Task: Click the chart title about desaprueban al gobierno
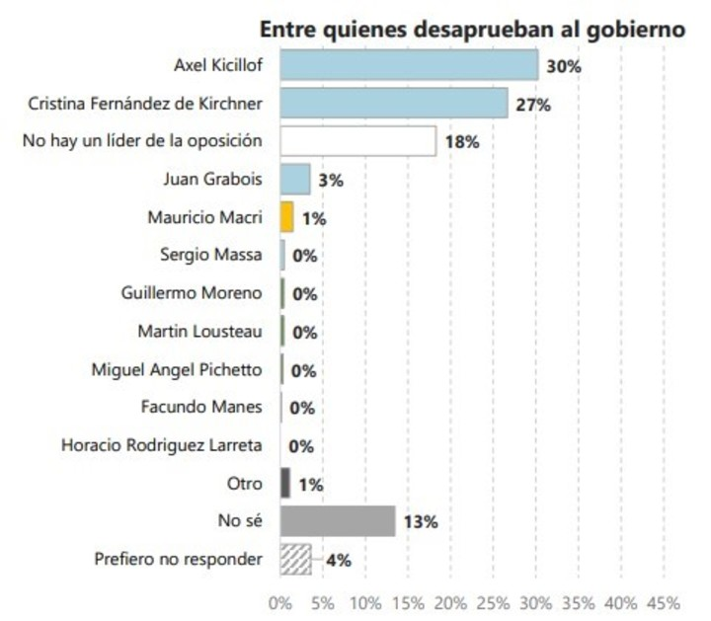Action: (472, 30)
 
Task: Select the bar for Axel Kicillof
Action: (409, 65)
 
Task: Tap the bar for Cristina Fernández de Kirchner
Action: (394, 103)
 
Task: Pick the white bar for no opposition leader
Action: (358, 140)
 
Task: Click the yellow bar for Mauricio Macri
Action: (287, 216)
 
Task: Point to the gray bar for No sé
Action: (338, 521)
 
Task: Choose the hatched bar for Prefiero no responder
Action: (296, 559)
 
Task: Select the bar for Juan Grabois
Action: (295, 179)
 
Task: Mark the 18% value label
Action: (461, 141)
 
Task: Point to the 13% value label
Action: (420, 521)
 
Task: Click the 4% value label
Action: (338, 560)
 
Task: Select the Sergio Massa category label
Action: (211, 255)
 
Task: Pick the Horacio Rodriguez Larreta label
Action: (161, 445)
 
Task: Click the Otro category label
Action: (245, 483)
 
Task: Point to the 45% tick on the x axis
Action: (663, 602)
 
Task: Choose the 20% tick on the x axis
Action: (450, 602)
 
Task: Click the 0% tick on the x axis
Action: (280, 602)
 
